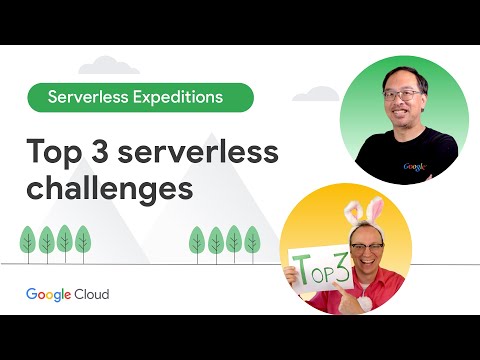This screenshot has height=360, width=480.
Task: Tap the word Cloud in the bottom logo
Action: coord(90,294)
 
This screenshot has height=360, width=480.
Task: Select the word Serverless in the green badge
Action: coord(92,97)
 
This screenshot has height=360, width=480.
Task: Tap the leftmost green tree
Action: coord(28,240)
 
